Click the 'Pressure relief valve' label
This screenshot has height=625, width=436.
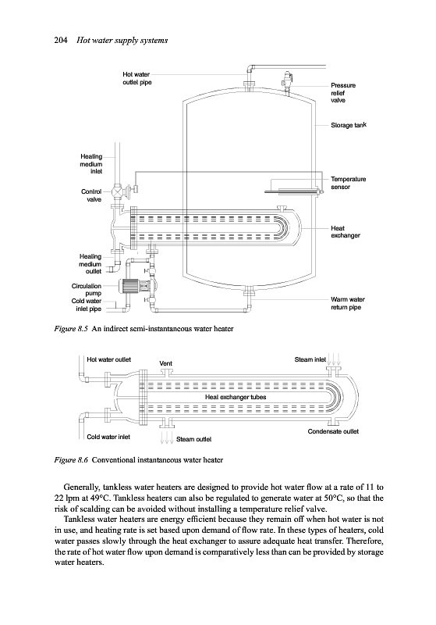point(343,92)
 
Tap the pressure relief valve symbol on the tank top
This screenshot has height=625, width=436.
point(286,80)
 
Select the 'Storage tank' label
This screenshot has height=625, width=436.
point(349,125)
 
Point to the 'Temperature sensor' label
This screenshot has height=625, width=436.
point(348,183)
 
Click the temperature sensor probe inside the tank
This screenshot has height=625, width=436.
point(292,192)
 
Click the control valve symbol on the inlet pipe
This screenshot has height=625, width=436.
point(117,191)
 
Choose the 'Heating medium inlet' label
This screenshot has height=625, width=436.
point(91,164)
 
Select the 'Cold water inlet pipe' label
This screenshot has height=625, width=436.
point(87,305)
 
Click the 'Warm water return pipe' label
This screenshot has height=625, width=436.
point(347,303)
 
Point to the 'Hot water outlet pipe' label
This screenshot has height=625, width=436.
point(136,78)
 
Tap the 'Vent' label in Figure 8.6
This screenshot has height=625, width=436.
point(165,363)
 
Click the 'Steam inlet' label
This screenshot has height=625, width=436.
point(310,359)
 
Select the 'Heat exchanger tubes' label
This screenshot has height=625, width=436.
point(236,397)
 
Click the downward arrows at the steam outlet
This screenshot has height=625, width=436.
point(166,437)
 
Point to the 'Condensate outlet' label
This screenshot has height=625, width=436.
point(333,431)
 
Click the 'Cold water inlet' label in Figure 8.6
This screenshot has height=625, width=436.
point(108,437)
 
